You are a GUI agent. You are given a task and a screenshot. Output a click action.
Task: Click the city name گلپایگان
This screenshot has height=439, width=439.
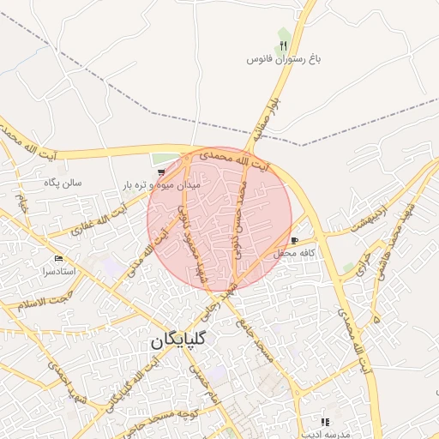coord(186,340)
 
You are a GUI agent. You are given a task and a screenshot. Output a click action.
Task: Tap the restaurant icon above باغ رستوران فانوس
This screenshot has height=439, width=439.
coord(284,45)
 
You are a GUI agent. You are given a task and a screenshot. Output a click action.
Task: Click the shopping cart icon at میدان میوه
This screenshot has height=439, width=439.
coord(161,172)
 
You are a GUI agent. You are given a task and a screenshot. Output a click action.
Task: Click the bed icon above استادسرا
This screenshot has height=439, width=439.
coord(58,258)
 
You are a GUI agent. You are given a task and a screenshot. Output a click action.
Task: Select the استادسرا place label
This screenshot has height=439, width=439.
coord(58,271)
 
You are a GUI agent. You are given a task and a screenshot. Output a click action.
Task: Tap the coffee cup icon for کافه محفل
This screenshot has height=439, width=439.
coord(295,241)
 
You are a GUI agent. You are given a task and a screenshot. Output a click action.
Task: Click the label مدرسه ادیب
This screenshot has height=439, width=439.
coord(322,435)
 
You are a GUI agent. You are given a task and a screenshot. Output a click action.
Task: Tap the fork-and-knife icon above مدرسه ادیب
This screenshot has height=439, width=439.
coord(324,422)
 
